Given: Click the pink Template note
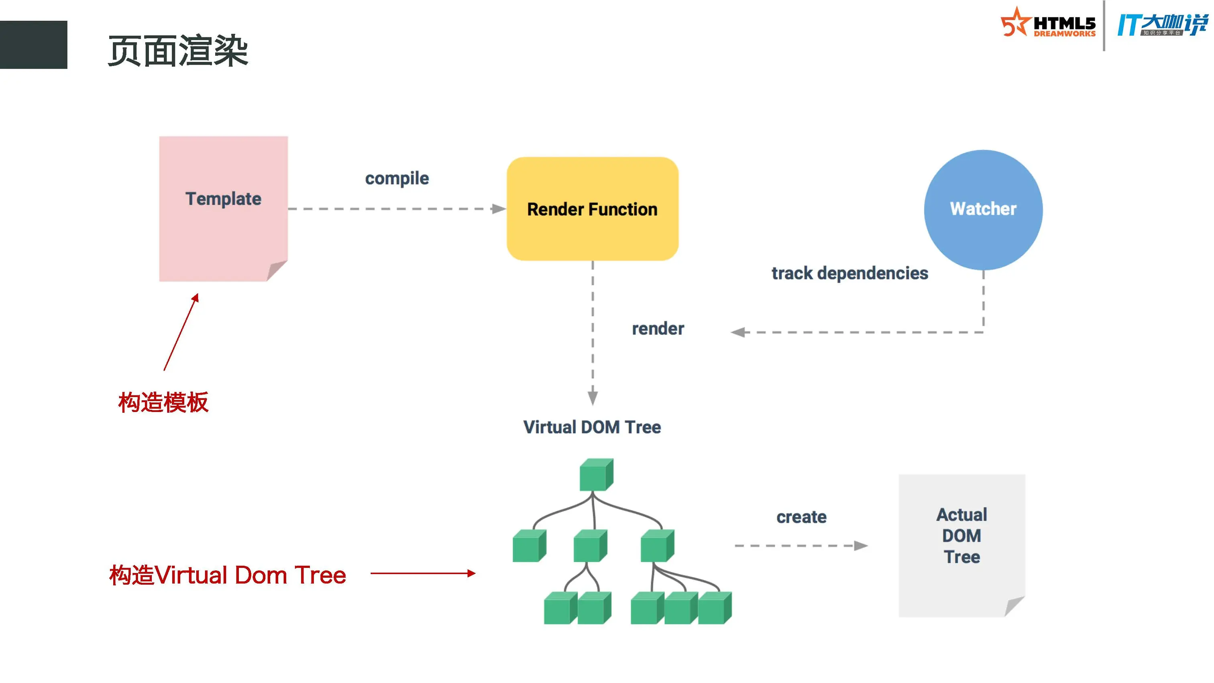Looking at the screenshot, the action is point(223,209).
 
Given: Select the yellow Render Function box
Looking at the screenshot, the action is point(593,209).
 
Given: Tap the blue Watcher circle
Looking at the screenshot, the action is point(983,210).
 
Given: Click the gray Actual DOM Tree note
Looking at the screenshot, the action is point(962,545).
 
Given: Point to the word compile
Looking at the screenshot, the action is point(397,179).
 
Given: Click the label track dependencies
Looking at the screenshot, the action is point(850,273).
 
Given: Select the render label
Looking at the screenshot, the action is point(658,328).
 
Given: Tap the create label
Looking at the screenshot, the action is point(801,517).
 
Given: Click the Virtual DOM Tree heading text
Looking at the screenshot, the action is point(592,427).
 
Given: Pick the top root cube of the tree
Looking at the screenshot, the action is point(596,475).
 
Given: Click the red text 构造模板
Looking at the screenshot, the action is point(163,403).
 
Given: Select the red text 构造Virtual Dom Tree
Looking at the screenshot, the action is point(228,575).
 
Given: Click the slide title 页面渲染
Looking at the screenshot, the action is point(178,51).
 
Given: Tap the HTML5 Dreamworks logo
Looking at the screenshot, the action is point(1048,22).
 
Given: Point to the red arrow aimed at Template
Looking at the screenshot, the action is point(181,332).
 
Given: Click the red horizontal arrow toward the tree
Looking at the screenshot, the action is point(423,573).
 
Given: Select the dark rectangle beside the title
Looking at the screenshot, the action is point(33,45).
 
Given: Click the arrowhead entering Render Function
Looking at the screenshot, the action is point(499,209).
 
